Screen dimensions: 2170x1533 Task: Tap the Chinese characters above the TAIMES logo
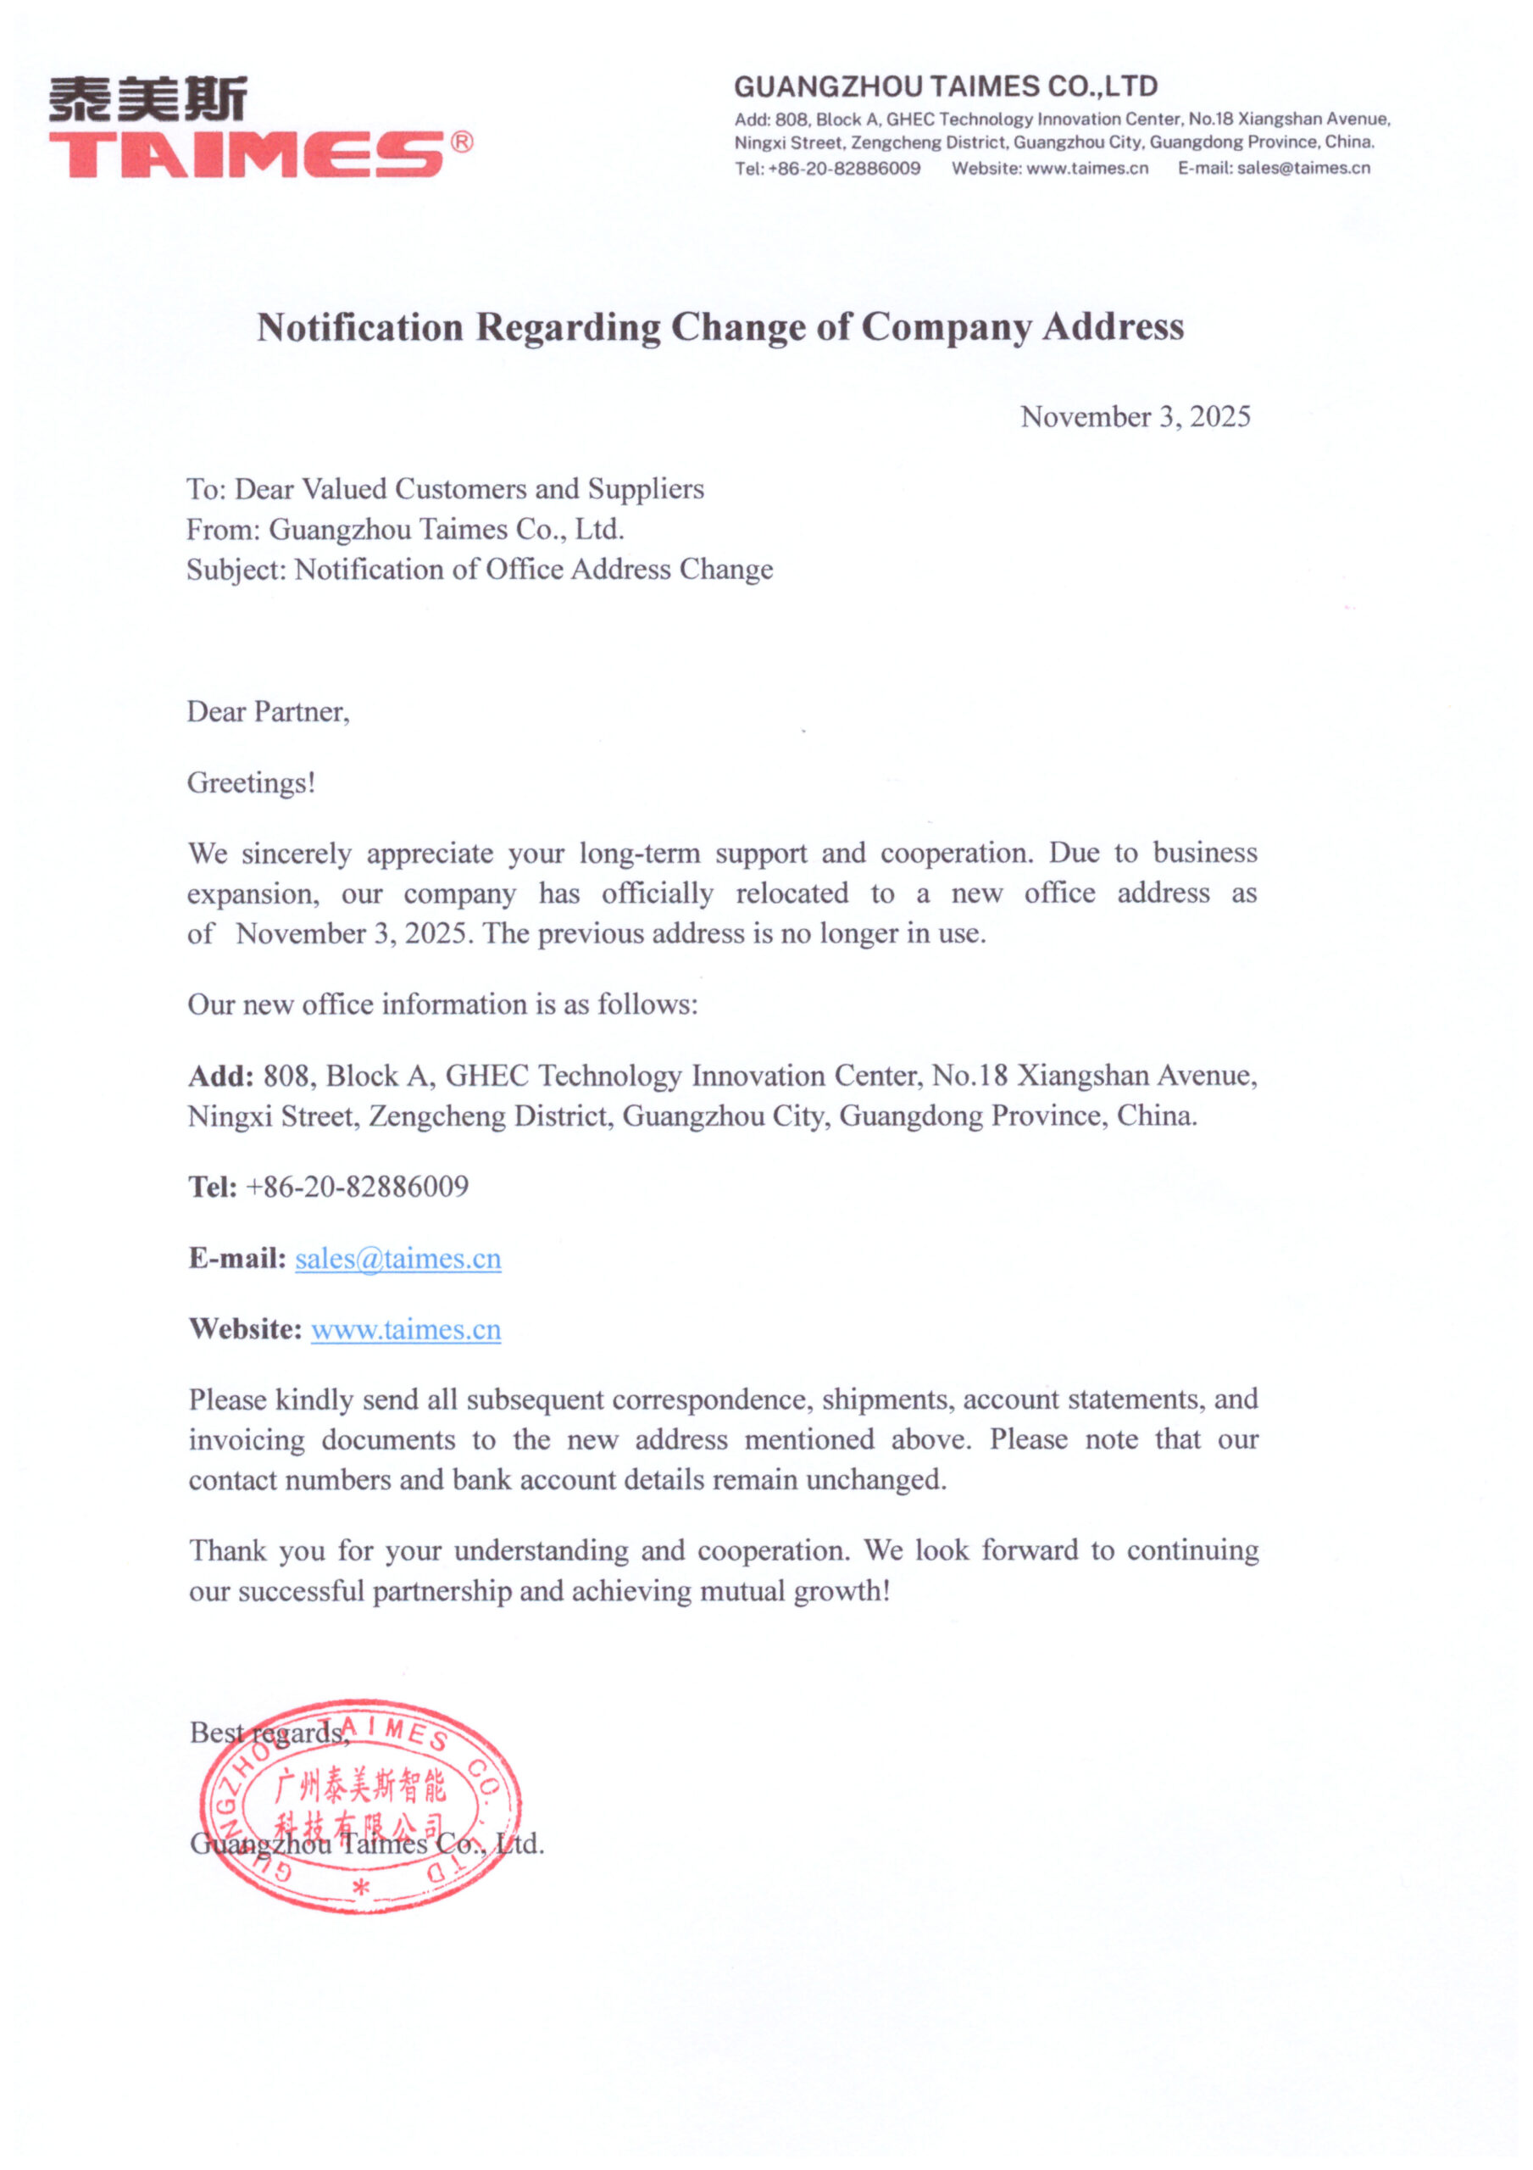148,99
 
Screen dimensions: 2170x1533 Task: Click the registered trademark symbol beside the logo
461,142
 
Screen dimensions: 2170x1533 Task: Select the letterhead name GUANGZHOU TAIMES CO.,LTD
945,87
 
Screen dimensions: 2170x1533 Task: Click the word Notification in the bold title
360,327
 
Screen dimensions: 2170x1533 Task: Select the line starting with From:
404,529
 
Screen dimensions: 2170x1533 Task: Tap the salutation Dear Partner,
268,712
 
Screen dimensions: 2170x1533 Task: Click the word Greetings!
251,782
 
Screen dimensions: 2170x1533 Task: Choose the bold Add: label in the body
220,1076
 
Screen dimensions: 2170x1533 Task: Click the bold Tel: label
213,1187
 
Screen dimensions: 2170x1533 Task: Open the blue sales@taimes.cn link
398,1259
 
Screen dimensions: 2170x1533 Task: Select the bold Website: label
245,1330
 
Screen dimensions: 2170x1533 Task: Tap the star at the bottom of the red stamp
360,1889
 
